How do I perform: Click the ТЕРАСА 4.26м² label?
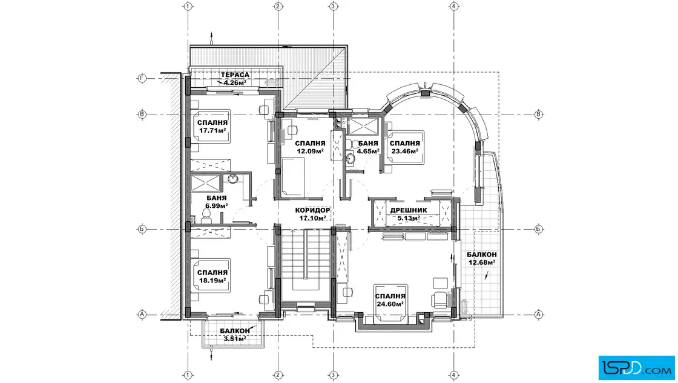pos(235,78)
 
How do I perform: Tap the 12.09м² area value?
pos(310,151)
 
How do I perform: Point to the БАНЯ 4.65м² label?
pos(368,147)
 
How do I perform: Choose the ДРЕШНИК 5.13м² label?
pos(409,214)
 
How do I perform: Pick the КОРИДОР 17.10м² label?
pos(312,214)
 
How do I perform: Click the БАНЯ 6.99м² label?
pos(217,202)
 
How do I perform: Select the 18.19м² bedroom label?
pos(212,276)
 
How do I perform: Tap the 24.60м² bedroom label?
pos(390,300)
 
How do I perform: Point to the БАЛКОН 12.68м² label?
pos(482,258)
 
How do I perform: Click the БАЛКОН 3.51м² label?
pos(235,335)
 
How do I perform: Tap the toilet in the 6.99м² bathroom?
pos(206,215)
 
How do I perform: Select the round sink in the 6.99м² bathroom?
pos(232,178)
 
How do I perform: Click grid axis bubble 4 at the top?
pos(453,6)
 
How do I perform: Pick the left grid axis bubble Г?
pos(142,78)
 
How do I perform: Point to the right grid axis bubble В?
pos(539,115)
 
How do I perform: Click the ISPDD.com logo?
pos(636,368)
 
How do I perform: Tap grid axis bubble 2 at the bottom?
pos(278,375)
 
